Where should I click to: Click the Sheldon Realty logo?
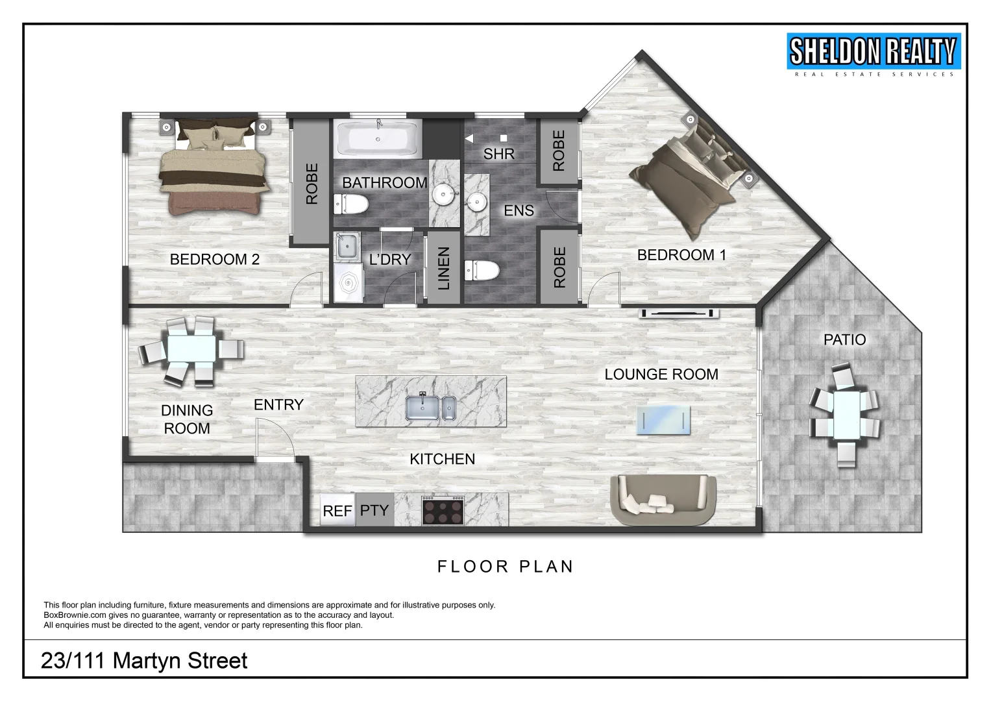pyautogui.click(x=873, y=53)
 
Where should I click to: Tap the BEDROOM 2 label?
pyautogui.click(x=214, y=260)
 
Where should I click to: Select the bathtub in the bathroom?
pyautogui.click(x=378, y=139)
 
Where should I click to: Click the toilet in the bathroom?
pyautogui.click(x=350, y=204)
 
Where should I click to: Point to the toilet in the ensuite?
pyautogui.click(x=482, y=269)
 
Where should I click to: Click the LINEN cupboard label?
pyautogui.click(x=443, y=268)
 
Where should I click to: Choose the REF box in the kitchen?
pyautogui.click(x=337, y=511)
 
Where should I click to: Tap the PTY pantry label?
pyautogui.click(x=374, y=510)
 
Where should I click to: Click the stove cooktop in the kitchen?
pyautogui.click(x=443, y=510)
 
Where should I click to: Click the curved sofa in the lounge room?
pyautogui.click(x=663, y=500)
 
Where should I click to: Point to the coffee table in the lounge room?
pyautogui.click(x=663, y=420)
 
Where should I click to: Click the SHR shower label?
pyautogui.click(x=498, y=154)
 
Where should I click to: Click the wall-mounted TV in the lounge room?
pyautogui.click(x=679, y=314)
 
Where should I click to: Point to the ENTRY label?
pyautogui.click(x=278, y=405)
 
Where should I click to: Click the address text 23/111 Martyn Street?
pyautogui.click(x=144, y=661)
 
